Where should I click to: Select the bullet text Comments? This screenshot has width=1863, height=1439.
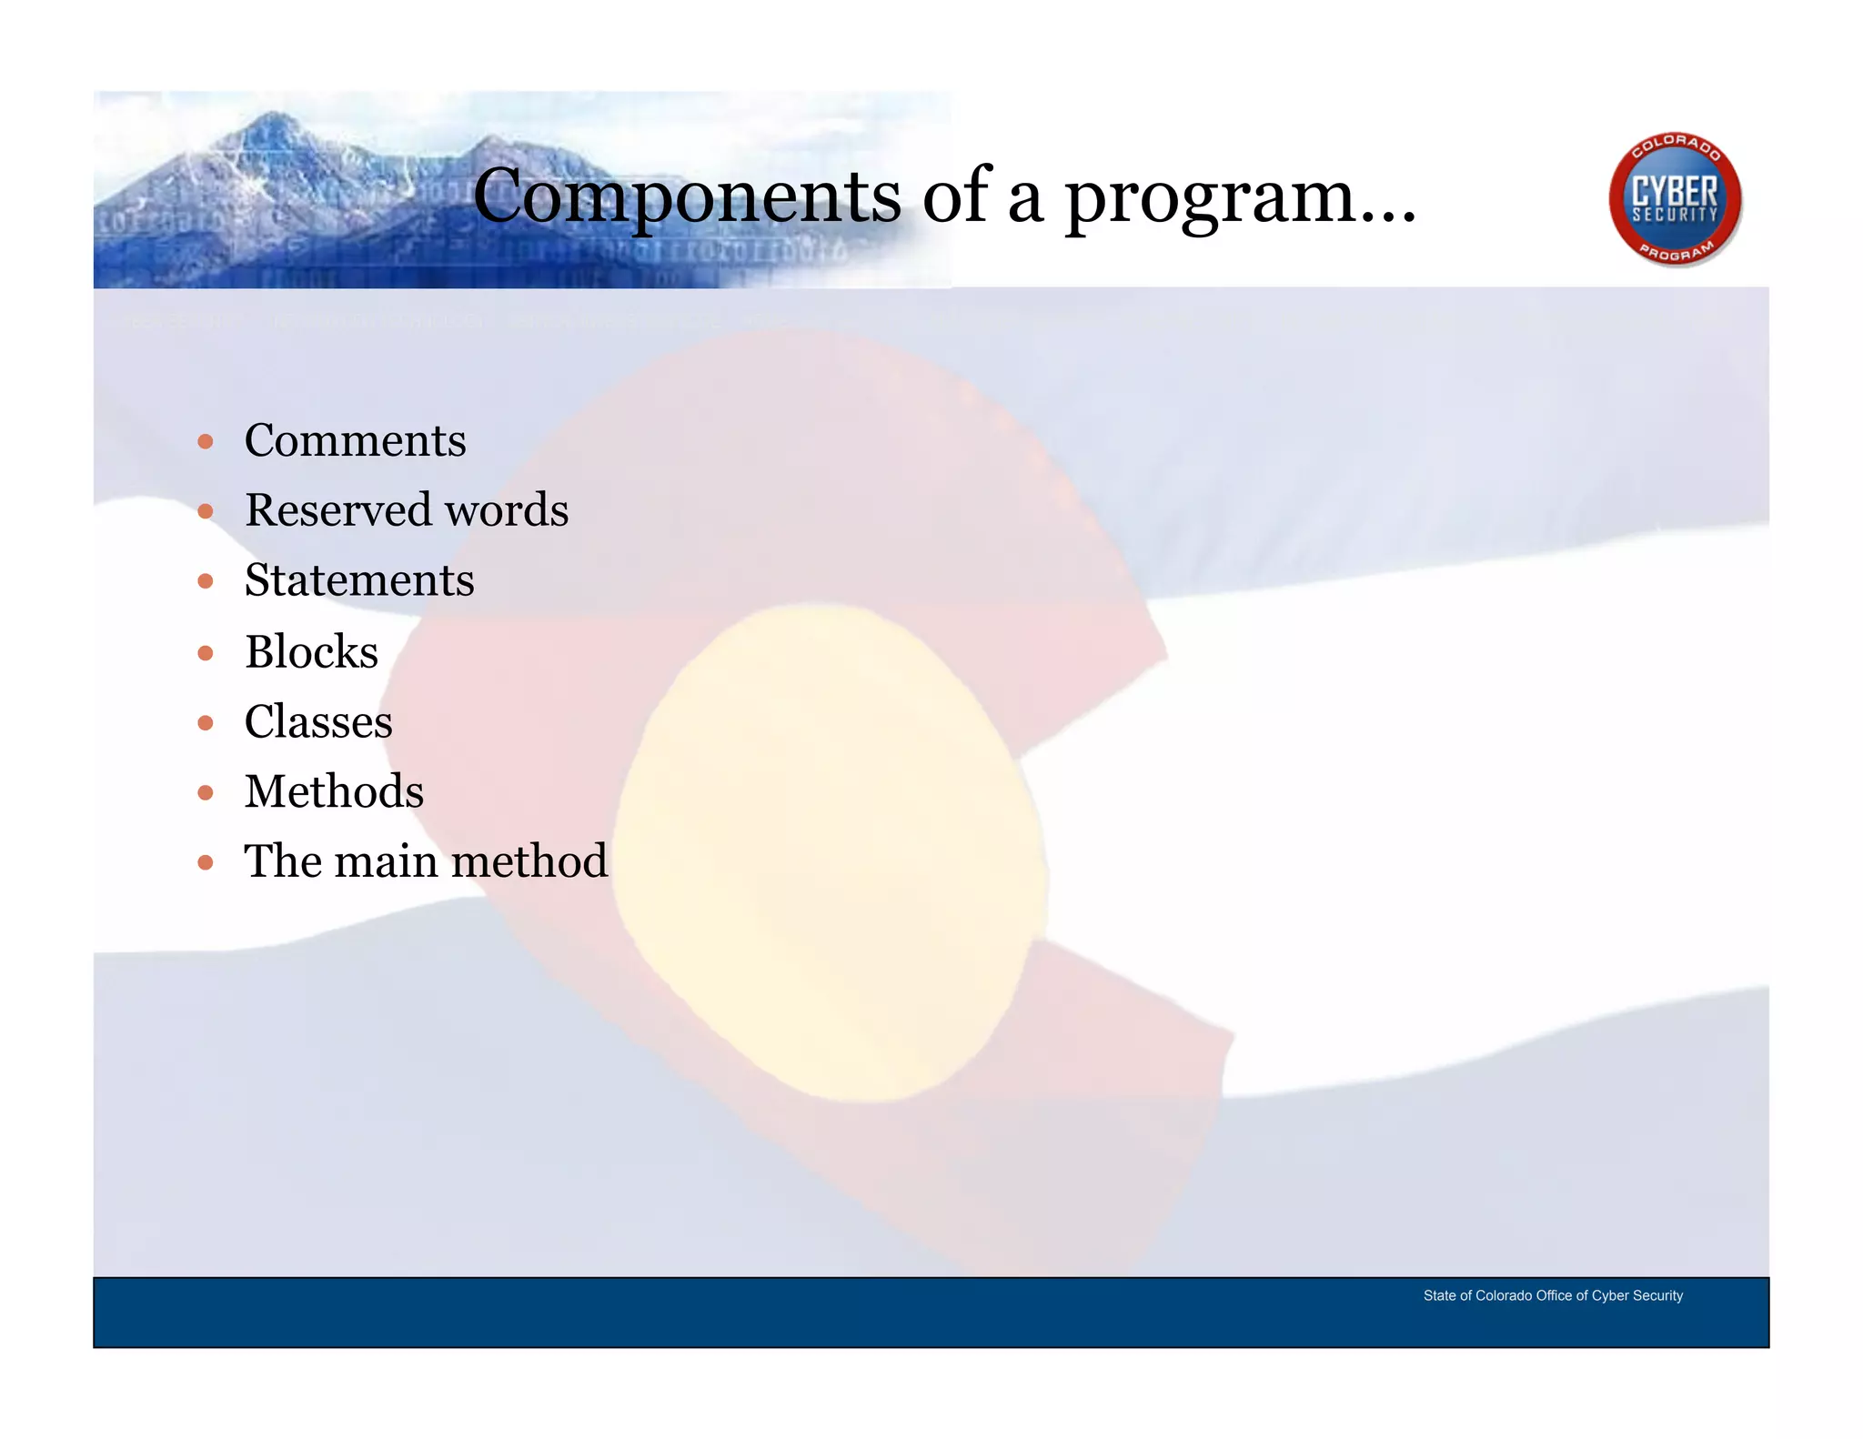(x=355, y=441)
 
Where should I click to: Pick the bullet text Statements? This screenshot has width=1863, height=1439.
(x=359, y=581)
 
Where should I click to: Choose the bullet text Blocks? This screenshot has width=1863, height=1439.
(x=311, y=652)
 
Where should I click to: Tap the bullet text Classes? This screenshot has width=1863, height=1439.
(x=318, y=722)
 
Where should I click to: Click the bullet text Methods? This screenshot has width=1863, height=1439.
(x=334, y=791)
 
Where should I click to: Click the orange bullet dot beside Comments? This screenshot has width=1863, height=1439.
(x=206, y=442)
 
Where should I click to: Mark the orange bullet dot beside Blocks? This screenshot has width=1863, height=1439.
(x=206, y=653)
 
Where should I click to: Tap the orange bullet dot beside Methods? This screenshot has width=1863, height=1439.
(x=206, y=793)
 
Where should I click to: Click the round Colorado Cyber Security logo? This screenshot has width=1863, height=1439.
(x=1674, y=199)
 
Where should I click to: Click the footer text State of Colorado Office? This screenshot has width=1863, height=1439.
(x=1552, y=1295)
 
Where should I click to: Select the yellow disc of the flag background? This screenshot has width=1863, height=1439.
(x=828, y=855)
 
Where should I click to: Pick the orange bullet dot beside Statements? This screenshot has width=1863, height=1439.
(x=206, y=582)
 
